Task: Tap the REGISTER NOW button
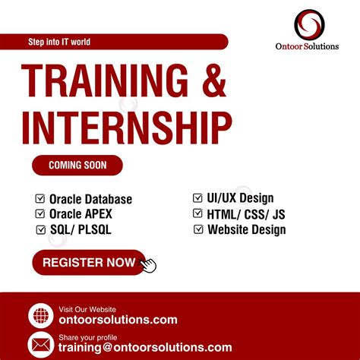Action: pyautogui.click(x=88, y=263)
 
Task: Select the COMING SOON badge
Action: pyautogui.click(x=77, y=164)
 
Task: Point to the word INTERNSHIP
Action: pyautogui.click(x=126, y=125)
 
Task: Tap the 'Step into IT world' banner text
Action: pyautogui.click(x=58, y=42)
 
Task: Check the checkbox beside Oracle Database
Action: pyautogui.click(x=40, y=199)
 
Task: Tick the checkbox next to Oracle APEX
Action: pyautogui.click(x=40, y=214)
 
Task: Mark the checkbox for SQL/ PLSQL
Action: pyautogui.click(x=40, y=229)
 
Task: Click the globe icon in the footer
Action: pyautogui.click(x=40, y=315)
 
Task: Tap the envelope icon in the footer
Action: pyautogui.click(x=40, y=344)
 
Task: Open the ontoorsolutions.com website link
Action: pyautogui.click(x=118, y=321)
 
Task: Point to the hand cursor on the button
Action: pyautogui.click(x=148, y=265)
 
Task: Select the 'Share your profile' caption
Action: pyautogui.click(x=87, y=336)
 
